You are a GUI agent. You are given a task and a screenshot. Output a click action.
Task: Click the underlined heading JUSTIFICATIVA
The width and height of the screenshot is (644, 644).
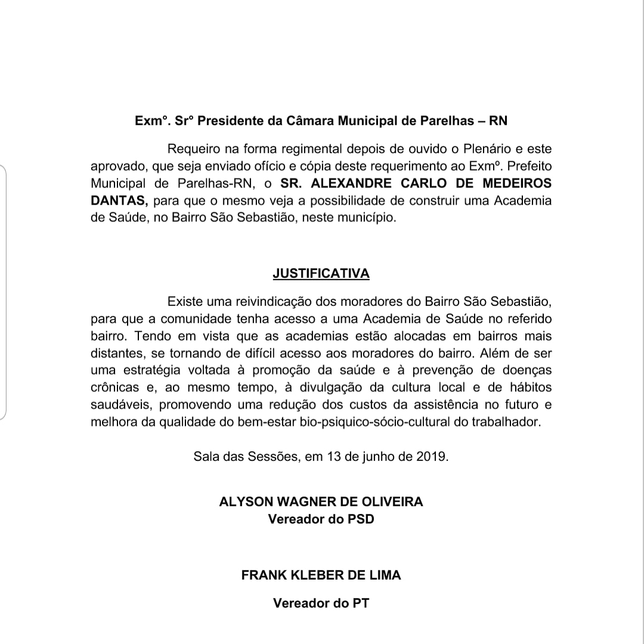pos(321,274)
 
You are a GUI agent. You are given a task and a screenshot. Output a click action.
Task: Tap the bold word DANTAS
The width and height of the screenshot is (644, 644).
pos(116,200)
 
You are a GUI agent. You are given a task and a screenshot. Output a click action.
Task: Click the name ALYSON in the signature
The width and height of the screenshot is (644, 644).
pos(245,501)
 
